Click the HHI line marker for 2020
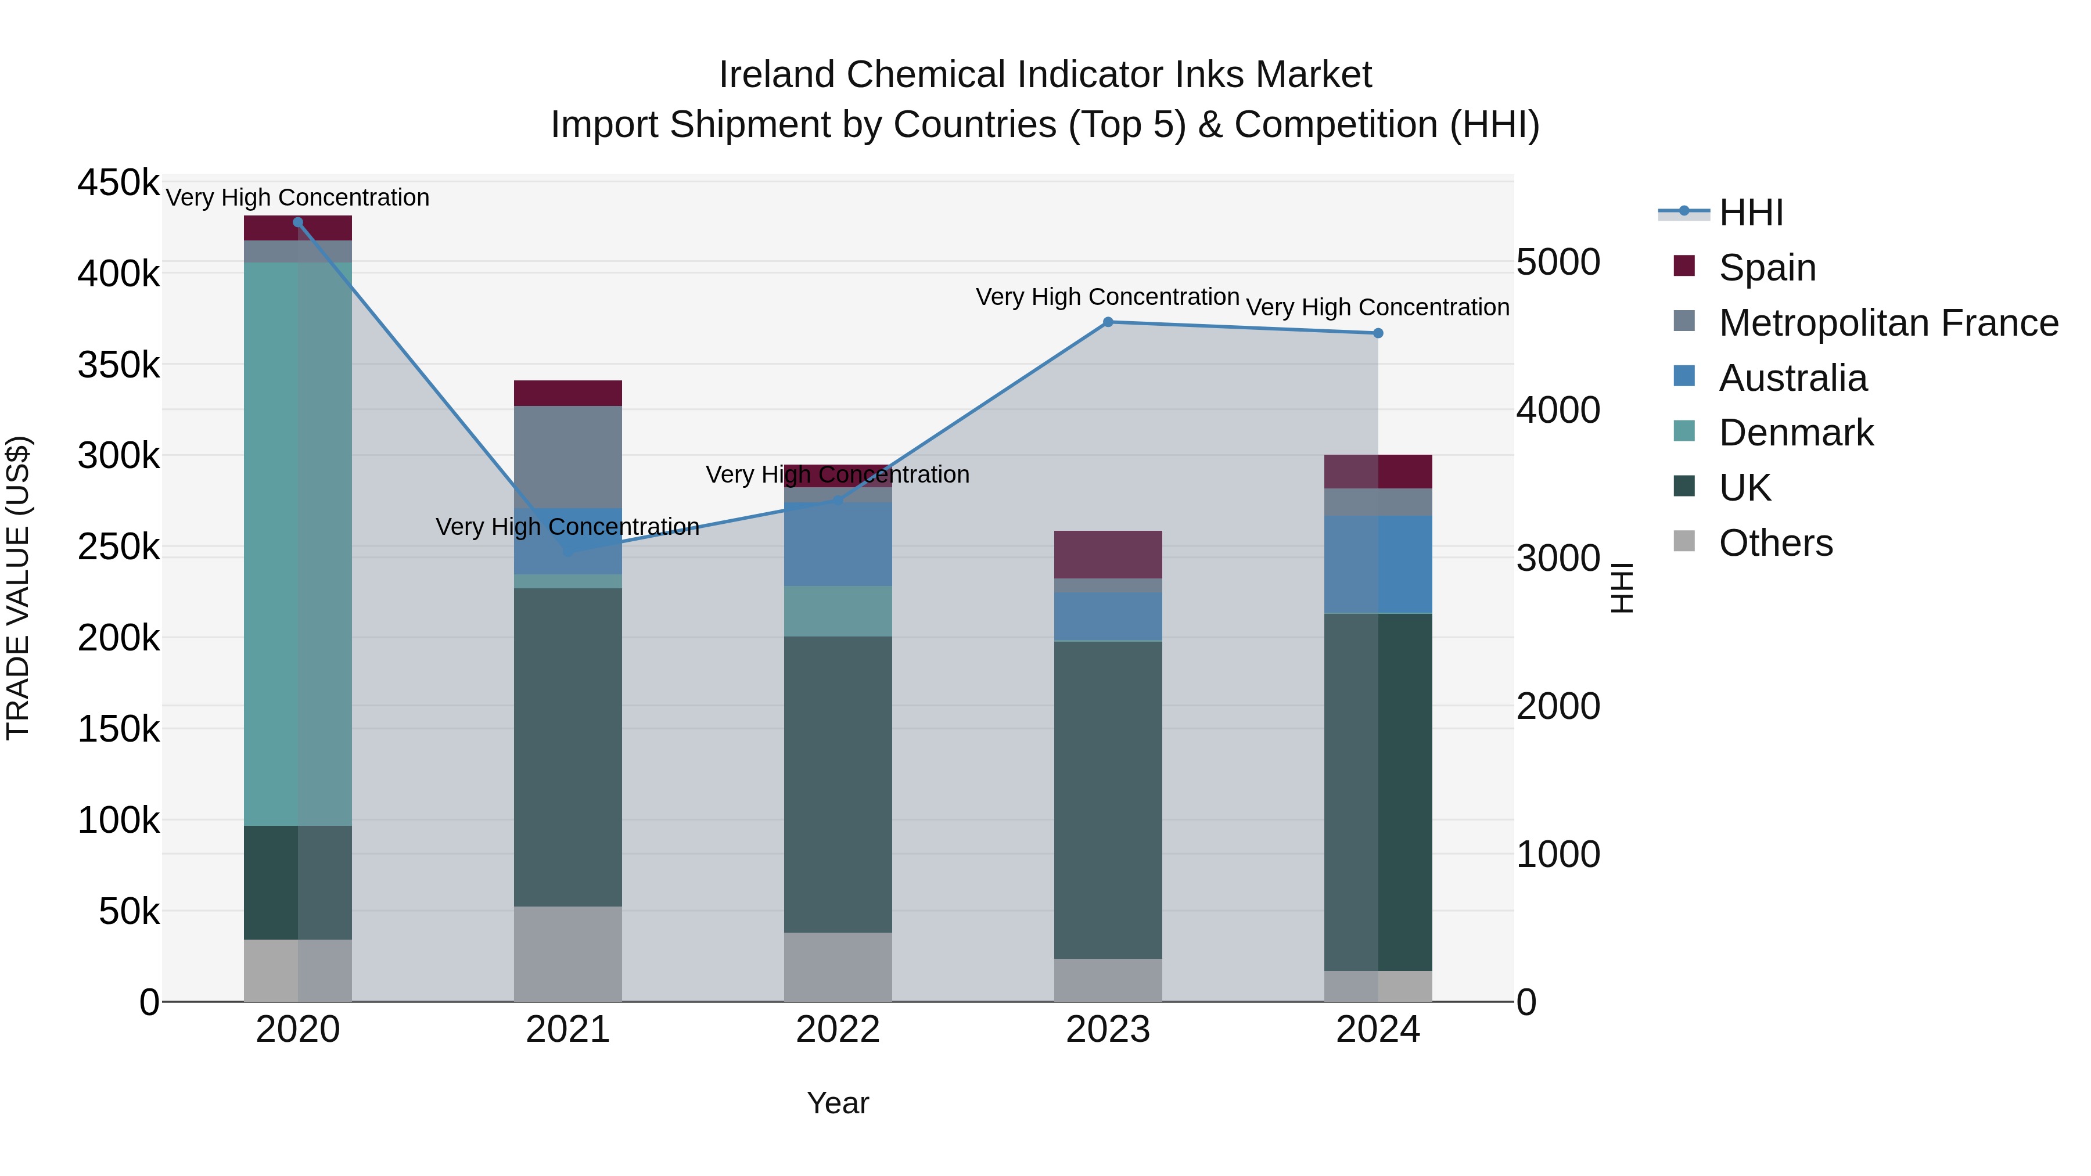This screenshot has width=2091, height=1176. click(x=298, y=222)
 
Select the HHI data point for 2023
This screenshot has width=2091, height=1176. click(x=1108, y=322)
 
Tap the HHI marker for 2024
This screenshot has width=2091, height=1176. click(x=1378, y=333)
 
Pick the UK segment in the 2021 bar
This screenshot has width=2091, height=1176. click(x=567, y=747)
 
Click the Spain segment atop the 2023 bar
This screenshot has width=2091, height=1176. click(x=1108, y=555)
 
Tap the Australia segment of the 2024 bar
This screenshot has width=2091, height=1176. click(x=1378, y=564)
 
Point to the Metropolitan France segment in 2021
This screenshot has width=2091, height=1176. click(x=567, y=456)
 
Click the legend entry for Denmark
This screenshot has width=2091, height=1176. click(x=1795, y=433)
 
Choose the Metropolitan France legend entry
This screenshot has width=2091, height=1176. click(x=1888, y=323)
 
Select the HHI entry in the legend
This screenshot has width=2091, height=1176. click(x=1750, y=213)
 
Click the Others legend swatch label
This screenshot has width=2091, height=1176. click(x=1775, y=543)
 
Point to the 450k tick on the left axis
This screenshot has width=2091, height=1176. click(x=118, y=182)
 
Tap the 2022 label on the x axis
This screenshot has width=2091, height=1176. click(x=838, y=1030)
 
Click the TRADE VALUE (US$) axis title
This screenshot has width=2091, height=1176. click(x=18, y=588)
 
